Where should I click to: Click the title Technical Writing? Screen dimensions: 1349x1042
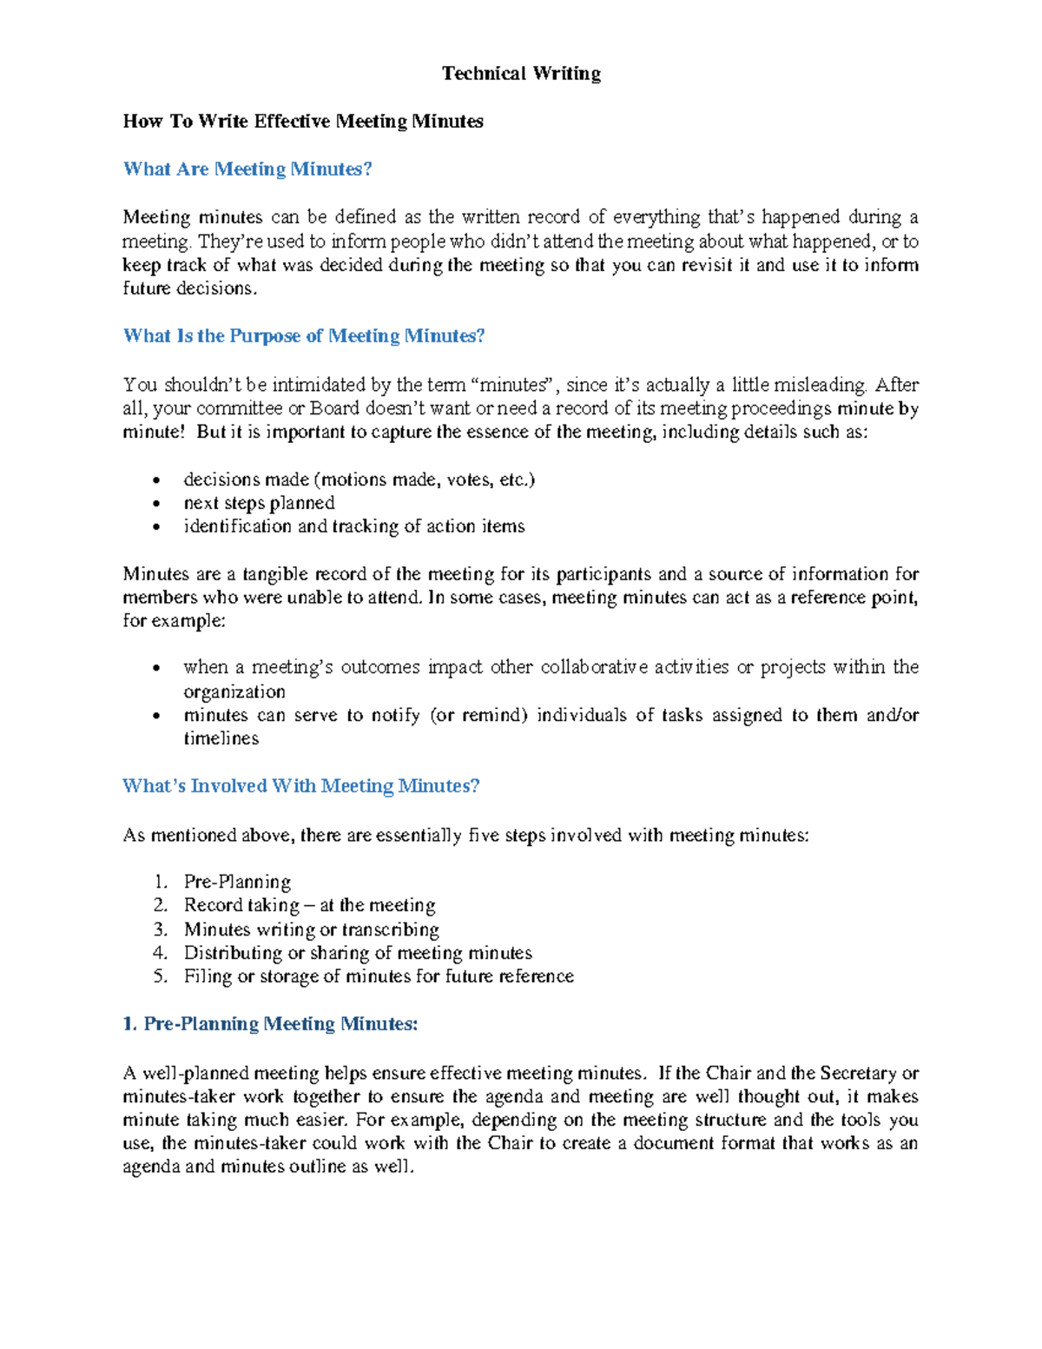(521, 74)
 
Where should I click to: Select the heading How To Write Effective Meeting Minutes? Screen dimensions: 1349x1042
(303, 122)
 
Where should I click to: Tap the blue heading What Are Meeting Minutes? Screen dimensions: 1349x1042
(247, 169)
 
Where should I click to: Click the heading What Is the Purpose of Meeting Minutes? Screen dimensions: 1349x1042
(304, 336)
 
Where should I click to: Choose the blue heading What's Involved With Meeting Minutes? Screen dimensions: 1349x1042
(300, 786)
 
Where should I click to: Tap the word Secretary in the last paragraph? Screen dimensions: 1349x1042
(859, 1074)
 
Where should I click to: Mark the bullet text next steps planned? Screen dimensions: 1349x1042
(259, 503)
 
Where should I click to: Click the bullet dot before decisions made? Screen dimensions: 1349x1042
(156, 480)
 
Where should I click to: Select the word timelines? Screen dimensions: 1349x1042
(221, 738)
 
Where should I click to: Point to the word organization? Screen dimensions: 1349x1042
(234, 691)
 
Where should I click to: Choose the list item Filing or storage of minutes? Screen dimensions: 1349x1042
(379, 976)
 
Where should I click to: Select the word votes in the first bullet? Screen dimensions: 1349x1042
(467, 479)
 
